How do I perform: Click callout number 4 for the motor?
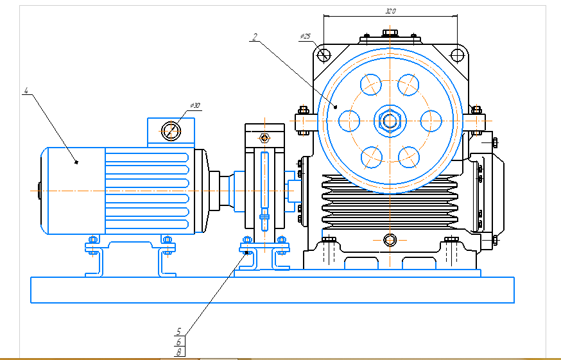pos(26,91)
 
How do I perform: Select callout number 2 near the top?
pos(254,37)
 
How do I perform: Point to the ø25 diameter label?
pos(305,37)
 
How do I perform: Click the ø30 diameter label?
pos(195,105)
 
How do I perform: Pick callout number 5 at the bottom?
pos(178,332)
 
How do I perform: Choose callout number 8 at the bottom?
pos(179,352)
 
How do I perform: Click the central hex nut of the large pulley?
pos(389,120)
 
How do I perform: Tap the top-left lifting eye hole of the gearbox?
pos(324,54)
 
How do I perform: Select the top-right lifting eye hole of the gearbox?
pos(457,54)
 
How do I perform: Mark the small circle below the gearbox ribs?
pos(390,240)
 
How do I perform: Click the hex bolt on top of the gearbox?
pos(390,33)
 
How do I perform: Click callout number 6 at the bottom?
pos(178,342)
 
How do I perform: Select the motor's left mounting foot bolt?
pos(92,242)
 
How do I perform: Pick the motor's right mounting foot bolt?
pos(168,242)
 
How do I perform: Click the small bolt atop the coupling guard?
pos(263,138)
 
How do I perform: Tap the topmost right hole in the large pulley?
pos(408,84)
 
